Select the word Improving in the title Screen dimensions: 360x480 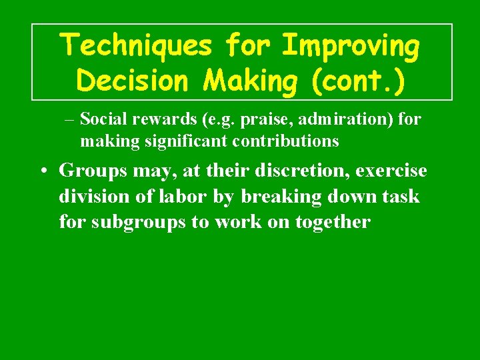point(351,47)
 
